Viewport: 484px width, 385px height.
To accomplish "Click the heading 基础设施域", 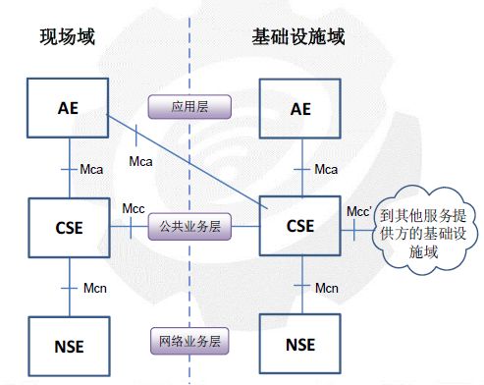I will tap(299, 38).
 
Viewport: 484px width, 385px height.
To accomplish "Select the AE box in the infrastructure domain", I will tap(300, 108).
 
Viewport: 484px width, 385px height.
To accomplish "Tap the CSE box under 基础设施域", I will tap(300, 226).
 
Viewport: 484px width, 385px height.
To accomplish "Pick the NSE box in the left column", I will tap(68, 345).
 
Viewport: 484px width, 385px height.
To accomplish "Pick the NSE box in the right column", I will tap(300, 345).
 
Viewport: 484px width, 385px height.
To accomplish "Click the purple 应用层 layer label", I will tap(188, 106).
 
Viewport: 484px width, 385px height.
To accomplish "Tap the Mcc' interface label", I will tap(360, 210).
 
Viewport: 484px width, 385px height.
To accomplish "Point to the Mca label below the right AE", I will tap(326, 169).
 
